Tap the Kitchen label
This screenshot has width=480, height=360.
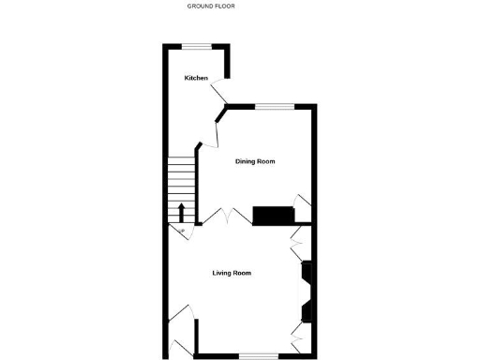pyautogui.click(x=195, y=78)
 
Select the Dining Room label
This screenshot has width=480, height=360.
pyautogui.click(x=254, y=161)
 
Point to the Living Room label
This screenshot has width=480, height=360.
pyautogui.click(x=232, y=273)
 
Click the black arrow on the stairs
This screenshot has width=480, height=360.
pyautogui.click(x=181, y=212)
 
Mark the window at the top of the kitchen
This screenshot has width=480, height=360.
pyautogui.click(x=196, y=47)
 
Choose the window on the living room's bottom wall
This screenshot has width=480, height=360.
pyautogui.click(x=259, y=355)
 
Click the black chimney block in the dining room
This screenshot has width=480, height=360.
pyautogui.click(x=274, y=216)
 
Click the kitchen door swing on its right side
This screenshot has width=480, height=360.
pyautogui.click(x=219, y=93)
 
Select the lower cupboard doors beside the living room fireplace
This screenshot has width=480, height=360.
pyautogui.click(x=299, y=334)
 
